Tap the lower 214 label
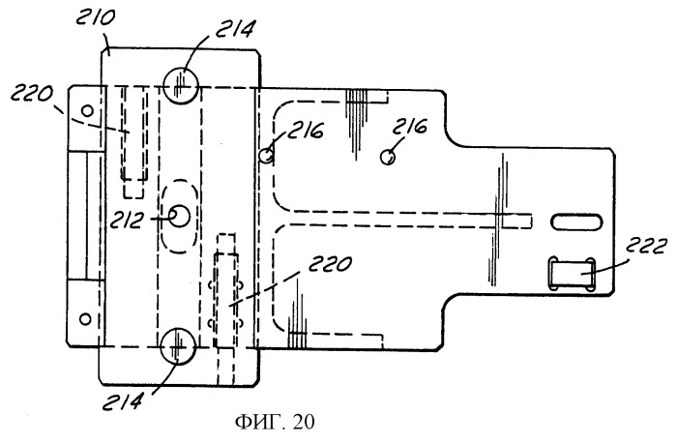pyautogui.click(x=123, y=401)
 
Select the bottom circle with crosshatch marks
pyautogui.click(x=177, y=346)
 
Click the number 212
pyautogui.click(x=126, y=221)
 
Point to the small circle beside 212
pyautogui.click(x=179, y=216)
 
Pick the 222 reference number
pyautogui.click(x=645, y=247)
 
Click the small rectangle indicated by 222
pyautogui.click(x=572, y=274)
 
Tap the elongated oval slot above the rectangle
pyautogui.click(x=576, y=221)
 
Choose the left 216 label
pyautogui.click(x=306, y=130)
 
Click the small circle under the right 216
pyautogui.click(x=388, y=157)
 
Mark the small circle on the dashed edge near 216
pyautogui.click(x=267, y=155)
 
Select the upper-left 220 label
pyautogui.click(x=32, y=93)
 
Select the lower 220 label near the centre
pyautogui.click(x=330, y=263)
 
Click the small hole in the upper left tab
pyautogui.click(x=88, y=111)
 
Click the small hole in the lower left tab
pyautogui.click(x=85, y=319)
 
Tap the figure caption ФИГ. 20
pyautogui.click(x=275, y=422)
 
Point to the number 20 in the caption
pyautogui.click(x=304, y=422)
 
